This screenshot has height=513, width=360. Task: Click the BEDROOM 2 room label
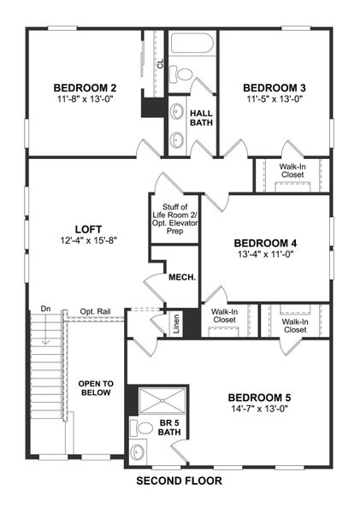coord(84,88)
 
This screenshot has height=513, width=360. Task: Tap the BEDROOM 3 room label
coord(274,88)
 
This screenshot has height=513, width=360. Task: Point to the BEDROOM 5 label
coord(260,398)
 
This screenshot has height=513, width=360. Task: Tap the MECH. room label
coord(182,277)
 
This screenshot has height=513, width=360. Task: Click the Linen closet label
coord(174,326)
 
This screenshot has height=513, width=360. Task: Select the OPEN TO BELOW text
coord(96,388)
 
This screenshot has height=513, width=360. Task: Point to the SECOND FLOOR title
coord(180,481)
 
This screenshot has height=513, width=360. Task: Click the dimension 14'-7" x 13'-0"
coord(260,410)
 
